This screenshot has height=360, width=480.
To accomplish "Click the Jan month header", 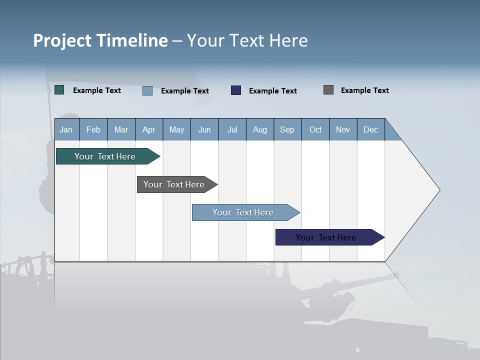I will pos(66,129).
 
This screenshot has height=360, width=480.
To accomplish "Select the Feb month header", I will pos(93,129).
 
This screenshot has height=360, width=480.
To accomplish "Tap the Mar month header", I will pos(121,129).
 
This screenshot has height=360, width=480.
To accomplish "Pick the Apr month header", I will pos(149,129).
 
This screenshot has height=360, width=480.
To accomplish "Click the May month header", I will pos(176,129).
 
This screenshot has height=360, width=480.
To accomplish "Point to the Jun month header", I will pos(204,129).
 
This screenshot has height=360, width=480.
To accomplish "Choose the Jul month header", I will pos(232,129).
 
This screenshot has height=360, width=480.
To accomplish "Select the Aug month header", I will pos(260,129).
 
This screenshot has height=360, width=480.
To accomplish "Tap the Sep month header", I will pos(287,129).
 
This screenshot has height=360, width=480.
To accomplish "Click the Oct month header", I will pos(315,129).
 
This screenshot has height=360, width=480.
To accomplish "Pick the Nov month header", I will pos(343,129).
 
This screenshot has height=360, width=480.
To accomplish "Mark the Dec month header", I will pos(371,129).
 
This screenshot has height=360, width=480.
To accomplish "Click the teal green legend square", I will pos(59,90).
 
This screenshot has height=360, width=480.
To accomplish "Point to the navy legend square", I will pos(236,90).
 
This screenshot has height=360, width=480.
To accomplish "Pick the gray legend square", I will pos(328,90).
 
